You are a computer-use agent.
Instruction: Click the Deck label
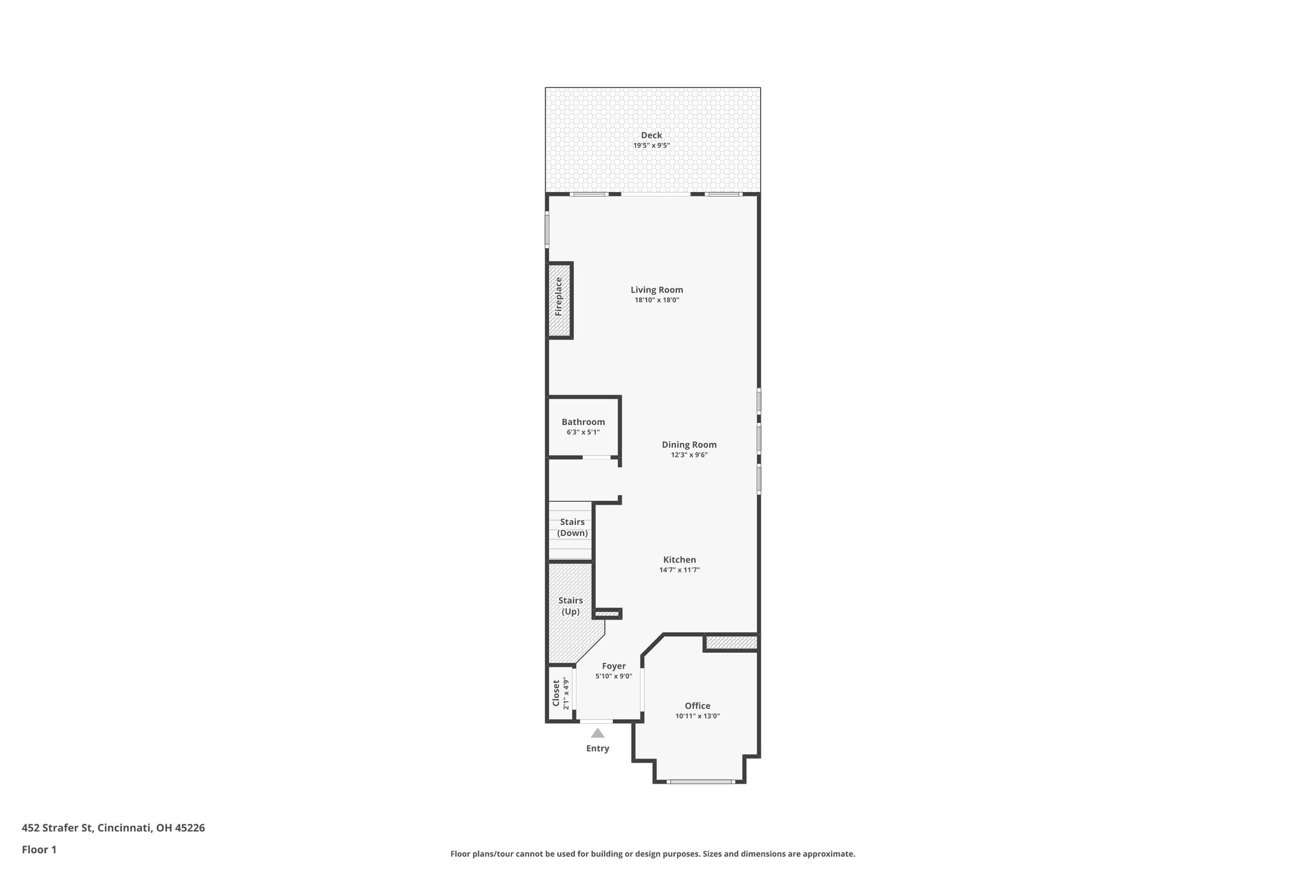(651, 135)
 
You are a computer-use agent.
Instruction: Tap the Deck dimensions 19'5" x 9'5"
(651, 145)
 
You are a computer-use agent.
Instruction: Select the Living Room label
(657, 290)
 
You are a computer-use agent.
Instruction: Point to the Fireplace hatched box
(559, 300)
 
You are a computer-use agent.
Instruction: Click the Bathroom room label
(583, 422)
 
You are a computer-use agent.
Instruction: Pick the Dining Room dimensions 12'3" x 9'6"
(689, 455)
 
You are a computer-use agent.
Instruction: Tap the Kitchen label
(680, 560)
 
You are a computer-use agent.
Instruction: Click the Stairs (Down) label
(573, 528)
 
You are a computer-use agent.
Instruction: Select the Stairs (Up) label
(571, 606)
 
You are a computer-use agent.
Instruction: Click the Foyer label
(614, 666)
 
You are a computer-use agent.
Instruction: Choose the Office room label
(698, 706)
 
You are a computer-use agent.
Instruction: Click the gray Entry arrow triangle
(598, 733)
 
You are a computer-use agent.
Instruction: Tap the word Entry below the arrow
(598, 748)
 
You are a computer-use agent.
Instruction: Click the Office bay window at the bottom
(700, 781)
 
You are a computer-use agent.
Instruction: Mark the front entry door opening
(596, 722)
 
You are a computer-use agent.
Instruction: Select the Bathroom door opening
(597, 457)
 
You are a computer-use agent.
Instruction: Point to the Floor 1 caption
(40, 849)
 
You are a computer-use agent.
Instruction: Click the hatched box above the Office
(731, 643)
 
